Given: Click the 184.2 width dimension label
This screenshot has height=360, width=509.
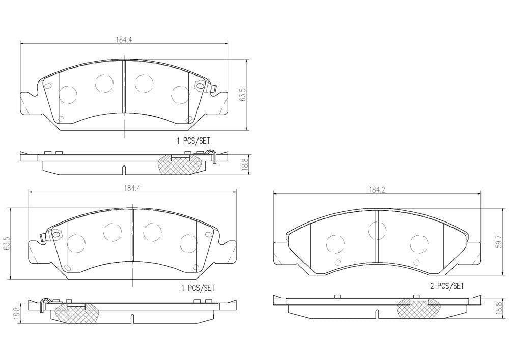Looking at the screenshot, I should [376, 189].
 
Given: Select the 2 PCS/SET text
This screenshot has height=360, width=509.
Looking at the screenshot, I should [447, 286].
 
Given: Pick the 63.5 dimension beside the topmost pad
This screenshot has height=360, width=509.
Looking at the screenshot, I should [243, 95].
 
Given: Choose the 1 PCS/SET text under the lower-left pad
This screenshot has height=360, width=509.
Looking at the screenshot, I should [198, 288].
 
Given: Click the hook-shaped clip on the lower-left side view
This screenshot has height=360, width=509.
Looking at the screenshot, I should [44, 304].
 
